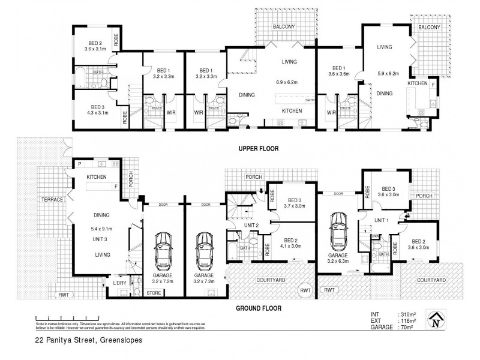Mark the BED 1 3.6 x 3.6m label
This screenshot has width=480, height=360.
(339, 72)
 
